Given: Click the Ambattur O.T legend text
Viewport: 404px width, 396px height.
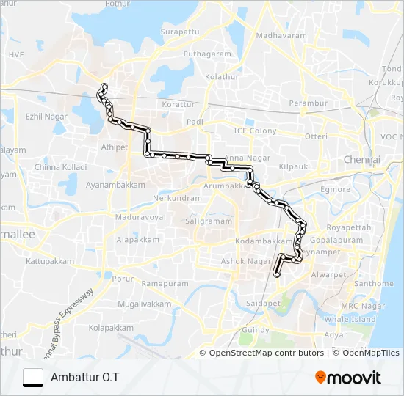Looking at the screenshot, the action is (x=84, y=377).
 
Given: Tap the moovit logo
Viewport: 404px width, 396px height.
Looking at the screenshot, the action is (x=348, y=378).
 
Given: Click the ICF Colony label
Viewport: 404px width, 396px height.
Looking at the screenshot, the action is (x=256, y=131).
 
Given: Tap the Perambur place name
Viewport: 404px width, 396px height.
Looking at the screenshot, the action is (x=308, y=103).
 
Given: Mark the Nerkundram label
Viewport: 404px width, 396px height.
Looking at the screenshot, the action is (x=177, y=198).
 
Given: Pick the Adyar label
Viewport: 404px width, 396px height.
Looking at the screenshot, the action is (x=335, y=334).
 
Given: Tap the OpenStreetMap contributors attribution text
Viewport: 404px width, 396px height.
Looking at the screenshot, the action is (x=267, y=353).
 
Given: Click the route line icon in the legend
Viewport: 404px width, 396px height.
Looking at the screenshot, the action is (x=33, y=377).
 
